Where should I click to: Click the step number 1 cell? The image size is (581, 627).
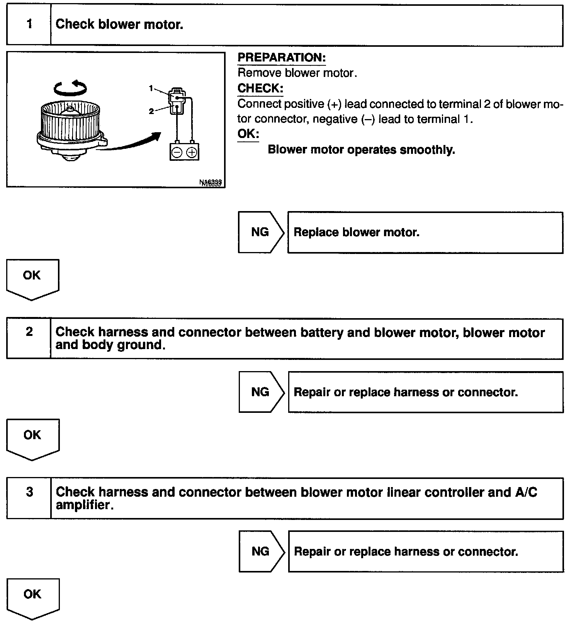coord(29,25)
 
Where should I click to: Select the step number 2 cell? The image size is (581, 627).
coord(29,339)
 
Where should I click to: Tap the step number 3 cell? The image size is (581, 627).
coord(29,498)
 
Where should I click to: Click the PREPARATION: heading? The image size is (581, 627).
coord(282,58)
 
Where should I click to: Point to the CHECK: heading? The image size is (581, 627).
coord(260,89)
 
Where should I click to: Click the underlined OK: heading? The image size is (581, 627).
coord(248,134)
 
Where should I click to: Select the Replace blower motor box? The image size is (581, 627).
coord(425,232)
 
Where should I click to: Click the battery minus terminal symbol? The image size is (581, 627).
coord(177,153)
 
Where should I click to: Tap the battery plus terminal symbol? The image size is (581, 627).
coord(192,153)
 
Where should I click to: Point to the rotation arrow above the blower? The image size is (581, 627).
coord(70,88)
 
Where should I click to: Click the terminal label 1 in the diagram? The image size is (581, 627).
coord(151,89)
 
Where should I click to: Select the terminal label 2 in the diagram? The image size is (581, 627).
coord(151,111)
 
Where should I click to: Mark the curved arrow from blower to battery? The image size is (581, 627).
coord(131,143)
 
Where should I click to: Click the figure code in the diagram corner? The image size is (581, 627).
coord(211,182)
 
